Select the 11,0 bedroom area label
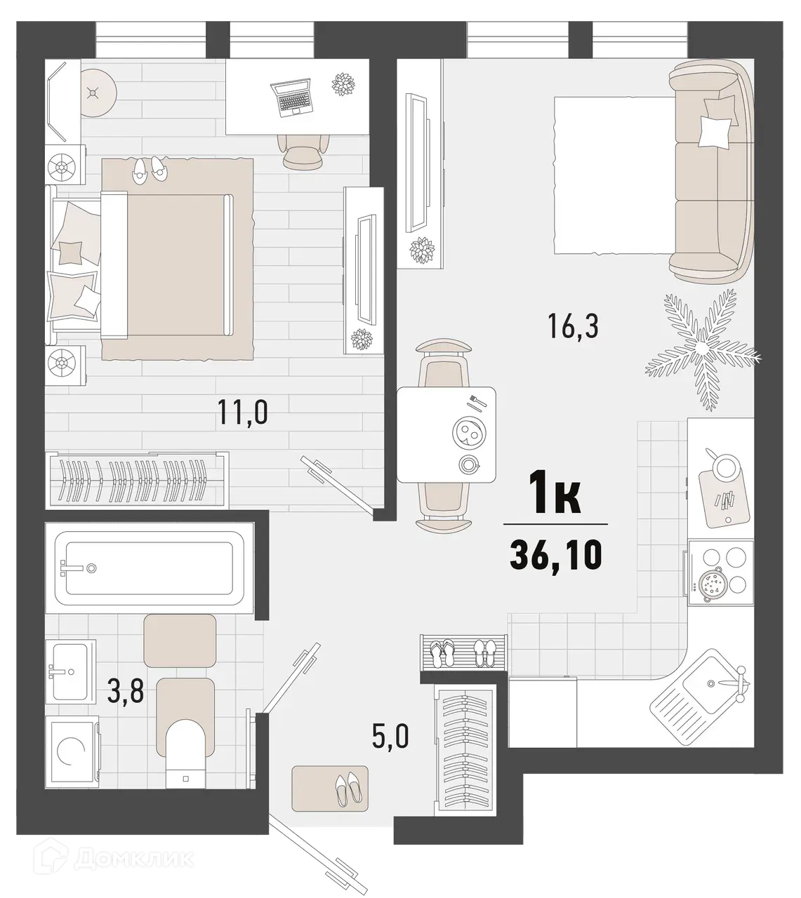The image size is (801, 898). point(241,414)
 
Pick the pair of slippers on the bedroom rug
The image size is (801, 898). point(150,169)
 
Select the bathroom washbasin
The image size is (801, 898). point(69,672)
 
